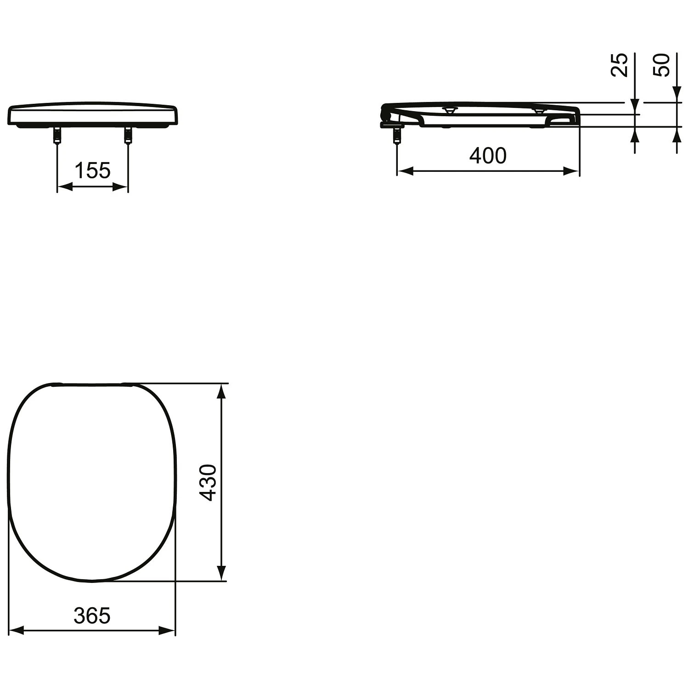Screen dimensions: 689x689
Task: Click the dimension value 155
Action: [92, 171]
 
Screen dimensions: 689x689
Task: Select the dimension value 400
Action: [488, 156]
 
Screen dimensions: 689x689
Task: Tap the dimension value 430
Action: [209, 482]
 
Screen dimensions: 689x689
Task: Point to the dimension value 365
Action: [92, 616]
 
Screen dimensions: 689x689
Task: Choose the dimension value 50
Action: [662, 65]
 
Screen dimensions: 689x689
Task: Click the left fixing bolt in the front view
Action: [57, 135]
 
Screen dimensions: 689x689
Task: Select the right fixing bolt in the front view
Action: [128, 135]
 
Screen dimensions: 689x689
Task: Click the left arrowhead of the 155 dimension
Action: [64, 186]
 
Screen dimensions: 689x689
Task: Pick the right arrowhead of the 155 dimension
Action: [120, 186]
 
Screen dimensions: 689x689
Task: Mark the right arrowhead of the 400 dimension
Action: [571, 171]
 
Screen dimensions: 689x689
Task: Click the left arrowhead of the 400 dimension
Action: [405, 171]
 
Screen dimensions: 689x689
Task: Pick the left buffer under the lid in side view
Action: [449, 110]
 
